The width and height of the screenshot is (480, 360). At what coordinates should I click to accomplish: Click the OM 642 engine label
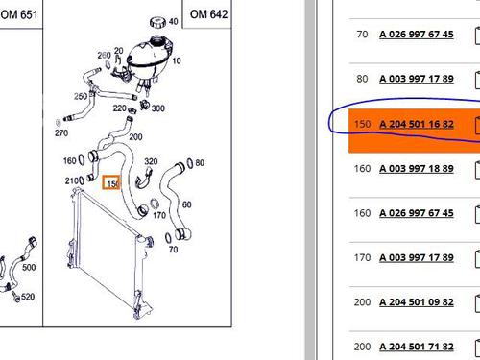[x=208, y=14]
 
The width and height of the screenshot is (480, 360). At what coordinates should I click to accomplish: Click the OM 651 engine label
[x=18, y=14]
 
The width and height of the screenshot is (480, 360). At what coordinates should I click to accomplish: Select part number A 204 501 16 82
[x=417, y=124]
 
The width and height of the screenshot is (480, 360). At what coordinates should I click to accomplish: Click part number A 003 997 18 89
[x=417, y=168]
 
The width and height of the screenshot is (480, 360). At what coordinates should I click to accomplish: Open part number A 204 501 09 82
[x=417, y=302]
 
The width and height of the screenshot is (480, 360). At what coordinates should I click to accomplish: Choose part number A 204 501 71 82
[x=417, y=347]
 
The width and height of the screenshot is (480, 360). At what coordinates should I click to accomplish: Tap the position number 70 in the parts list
[x=362, y=34]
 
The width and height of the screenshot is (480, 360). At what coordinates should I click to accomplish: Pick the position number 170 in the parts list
[x=362, y=257]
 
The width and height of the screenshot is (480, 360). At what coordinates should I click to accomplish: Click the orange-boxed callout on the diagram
[x=111, y=182]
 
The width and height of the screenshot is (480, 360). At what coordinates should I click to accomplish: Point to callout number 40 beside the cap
[x=173, y=21]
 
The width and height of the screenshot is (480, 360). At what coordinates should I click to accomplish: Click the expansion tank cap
[x=157, y=22]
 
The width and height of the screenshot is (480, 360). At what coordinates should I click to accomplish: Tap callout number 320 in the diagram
[x=151, y=161]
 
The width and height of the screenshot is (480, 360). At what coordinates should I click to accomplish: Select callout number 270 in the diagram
[x=61, y=132]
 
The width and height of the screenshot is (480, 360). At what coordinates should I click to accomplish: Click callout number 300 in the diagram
[x=158, y=108]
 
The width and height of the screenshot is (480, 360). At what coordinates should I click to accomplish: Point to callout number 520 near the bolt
[x=28, y=297]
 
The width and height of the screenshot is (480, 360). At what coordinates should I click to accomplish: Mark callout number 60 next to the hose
[x=186, y=204]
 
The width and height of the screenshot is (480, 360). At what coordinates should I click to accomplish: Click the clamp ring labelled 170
[x=155, y=204]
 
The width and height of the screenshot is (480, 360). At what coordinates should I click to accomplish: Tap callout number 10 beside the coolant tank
[x=177, y=60]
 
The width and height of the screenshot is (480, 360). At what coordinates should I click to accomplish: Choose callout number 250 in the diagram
[x=81, y=96]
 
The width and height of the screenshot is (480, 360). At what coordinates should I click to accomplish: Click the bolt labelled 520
[x=16, y=297]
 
